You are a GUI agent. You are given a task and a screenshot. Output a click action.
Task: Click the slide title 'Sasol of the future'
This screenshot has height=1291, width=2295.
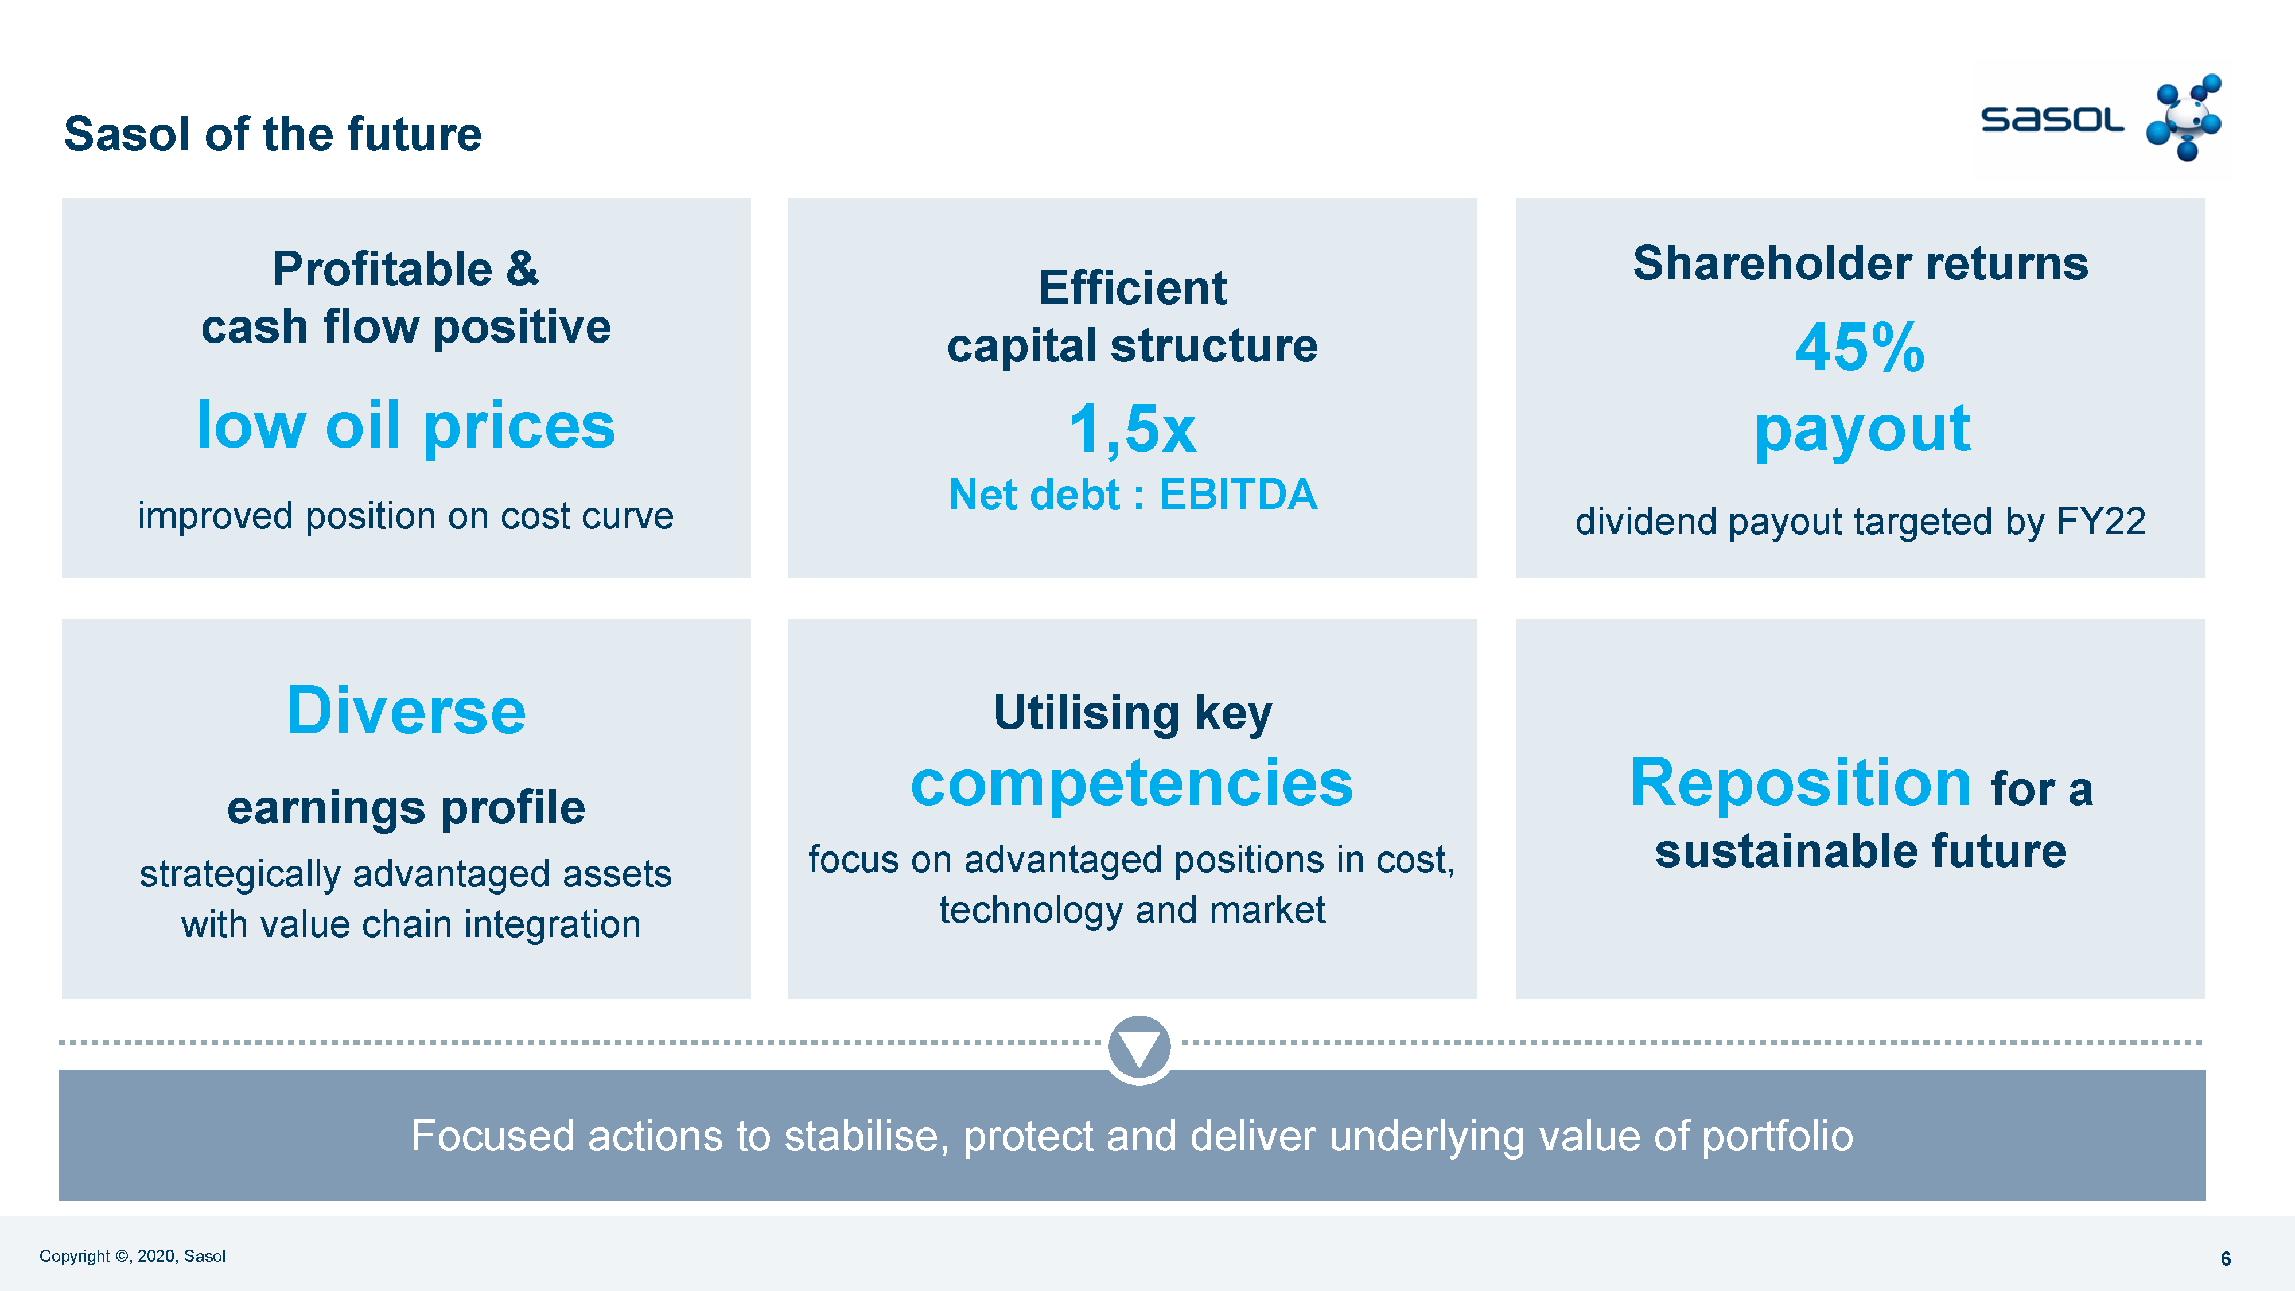(x=273, y=134)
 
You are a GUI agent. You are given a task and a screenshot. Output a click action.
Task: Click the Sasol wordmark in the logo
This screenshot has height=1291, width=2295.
(x=2052, y=119)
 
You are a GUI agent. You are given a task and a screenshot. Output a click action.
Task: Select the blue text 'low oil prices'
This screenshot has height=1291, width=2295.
(x=406, y=425)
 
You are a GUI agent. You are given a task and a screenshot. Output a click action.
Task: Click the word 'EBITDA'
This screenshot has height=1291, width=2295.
(x=1238, y=495)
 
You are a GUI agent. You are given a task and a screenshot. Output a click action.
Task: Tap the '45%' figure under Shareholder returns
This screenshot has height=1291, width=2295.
(x=1860, y=348)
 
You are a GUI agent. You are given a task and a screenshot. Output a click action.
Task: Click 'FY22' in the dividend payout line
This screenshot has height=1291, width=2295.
(x=2100, y=521)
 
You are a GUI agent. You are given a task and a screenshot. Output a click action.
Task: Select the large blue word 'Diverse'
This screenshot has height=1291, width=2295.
(x=406, y=711)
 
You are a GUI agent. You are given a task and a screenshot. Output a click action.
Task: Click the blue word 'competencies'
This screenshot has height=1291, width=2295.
(x=1131, y=783)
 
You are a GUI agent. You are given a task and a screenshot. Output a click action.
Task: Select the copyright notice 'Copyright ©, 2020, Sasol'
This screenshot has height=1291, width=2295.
(x=132, y=1256)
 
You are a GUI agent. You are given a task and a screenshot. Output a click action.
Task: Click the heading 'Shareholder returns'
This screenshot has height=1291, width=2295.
(x=1860, y=264)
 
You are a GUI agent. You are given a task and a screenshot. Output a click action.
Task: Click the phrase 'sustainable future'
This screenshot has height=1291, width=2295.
(x=1860, y=851)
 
